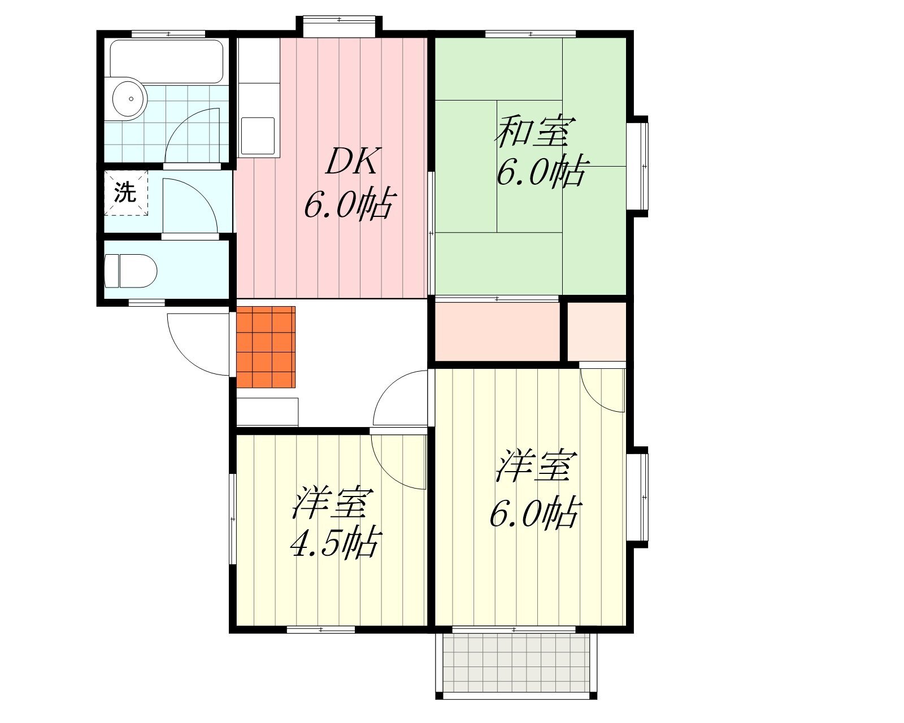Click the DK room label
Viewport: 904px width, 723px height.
point(353,162)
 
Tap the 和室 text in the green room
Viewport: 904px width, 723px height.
point(535,132)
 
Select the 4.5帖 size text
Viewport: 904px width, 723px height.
point(336,542)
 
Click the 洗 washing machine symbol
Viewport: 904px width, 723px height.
point(125,193)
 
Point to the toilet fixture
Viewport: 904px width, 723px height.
point(131,271)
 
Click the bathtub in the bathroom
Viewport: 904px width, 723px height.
point(166,62)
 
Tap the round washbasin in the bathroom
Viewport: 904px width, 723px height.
point(129,99)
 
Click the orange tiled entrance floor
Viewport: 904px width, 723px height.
point(266,347)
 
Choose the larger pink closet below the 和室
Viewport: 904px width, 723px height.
point(497,332)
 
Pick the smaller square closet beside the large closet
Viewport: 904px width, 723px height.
point(597,332)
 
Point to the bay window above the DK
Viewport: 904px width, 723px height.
point(339,26)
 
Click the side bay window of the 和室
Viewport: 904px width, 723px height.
point(638,167)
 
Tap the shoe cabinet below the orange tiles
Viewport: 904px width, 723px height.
point(268,412)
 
